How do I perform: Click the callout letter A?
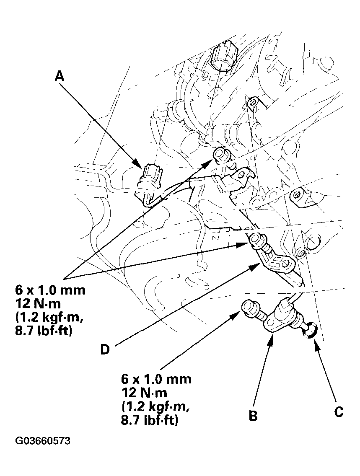[x=60, y=75]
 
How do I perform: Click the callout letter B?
[x=253, y=416]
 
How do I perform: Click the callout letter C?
[x=339, y=411]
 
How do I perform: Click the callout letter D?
[x=105, y=349]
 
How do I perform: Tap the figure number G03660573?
[x=43, y=441]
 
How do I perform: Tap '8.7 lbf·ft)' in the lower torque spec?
[x=150, y=419]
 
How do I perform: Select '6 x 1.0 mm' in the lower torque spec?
[x=156, y=380]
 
